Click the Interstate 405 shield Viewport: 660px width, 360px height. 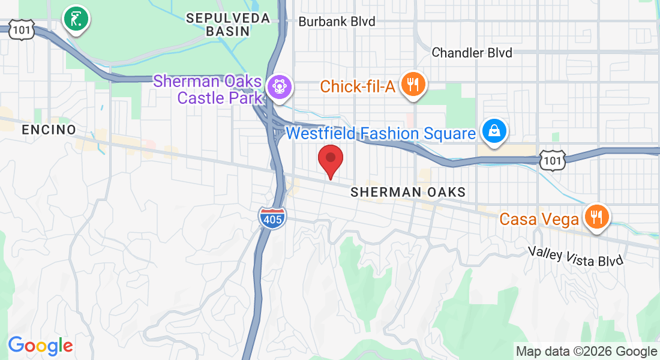(272, 217)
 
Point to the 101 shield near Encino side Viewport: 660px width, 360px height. (21, 29)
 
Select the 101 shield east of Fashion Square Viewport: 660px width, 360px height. (551, 160)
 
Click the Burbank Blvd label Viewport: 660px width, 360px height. (337, 22)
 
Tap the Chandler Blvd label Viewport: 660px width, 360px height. (472, 53)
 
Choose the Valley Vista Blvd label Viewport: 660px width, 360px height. (576, 256)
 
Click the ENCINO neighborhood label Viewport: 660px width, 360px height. (49, 130)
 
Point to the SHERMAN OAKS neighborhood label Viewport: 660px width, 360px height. (408, 192)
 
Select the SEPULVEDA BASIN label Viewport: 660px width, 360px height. (228, 25)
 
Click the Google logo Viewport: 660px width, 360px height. (40, 345)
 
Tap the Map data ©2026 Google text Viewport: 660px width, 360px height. (587, 352)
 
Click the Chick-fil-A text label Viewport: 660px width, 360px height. (358, 86)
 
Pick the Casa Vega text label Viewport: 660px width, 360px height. (539, 220)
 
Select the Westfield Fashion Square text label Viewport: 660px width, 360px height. (381, 133)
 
